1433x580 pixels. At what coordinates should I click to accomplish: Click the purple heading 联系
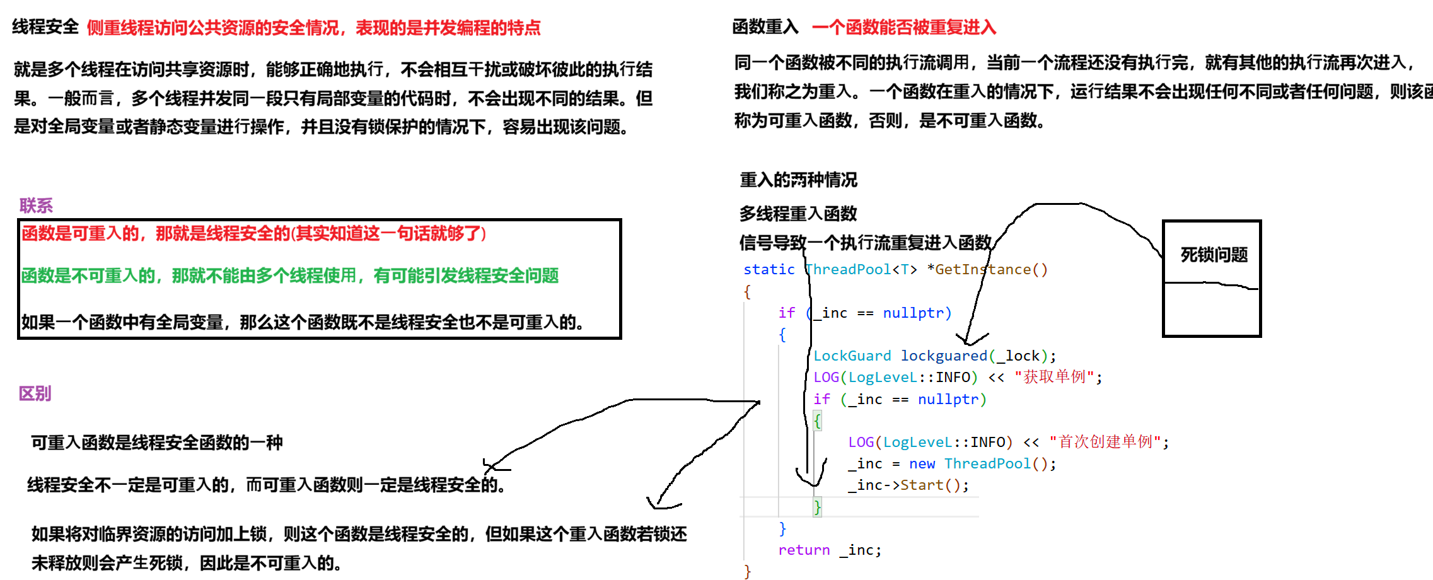(36, 206)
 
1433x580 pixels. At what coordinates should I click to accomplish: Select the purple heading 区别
(35, 394)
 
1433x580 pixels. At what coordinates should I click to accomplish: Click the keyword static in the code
(769, 270)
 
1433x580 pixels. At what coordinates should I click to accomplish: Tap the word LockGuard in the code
(852, 356)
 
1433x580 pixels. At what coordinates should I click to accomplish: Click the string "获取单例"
(1055, 377)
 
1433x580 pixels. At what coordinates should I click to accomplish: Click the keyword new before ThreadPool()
(922, 464)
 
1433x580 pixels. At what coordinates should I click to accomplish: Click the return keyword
(804, 550)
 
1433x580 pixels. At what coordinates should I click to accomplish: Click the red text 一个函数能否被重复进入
(903, 28)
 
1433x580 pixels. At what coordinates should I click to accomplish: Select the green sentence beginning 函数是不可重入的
(289, 276)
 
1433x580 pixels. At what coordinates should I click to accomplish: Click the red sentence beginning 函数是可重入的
(253, 234)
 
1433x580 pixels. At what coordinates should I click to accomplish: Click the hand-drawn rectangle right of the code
(1211, 309)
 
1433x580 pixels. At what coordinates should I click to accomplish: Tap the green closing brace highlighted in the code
(817, 507)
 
